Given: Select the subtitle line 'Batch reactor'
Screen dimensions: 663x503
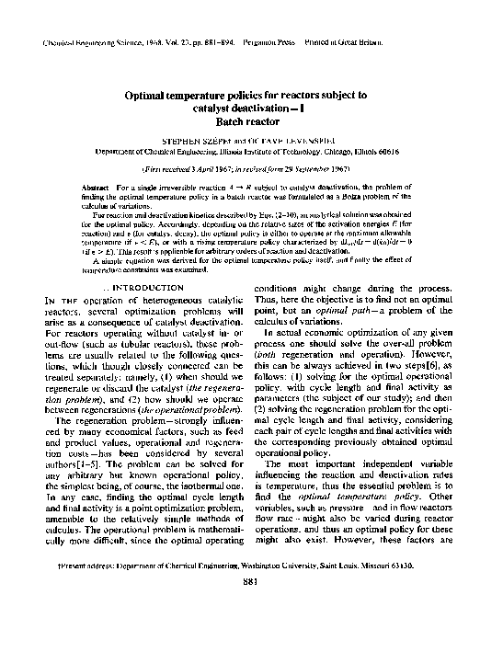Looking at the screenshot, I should [250, 120].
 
